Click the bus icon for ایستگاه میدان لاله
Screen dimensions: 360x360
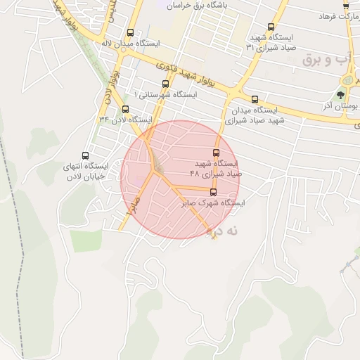tap(131, 32)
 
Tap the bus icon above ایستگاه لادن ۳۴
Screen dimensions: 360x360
tap(125, 109)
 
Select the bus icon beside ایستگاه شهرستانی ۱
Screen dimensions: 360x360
tap(165, 84)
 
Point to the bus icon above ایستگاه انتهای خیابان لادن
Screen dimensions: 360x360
tap(86, 155)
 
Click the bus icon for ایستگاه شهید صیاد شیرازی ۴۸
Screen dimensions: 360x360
tap(216, 153)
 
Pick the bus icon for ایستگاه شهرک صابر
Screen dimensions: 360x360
tap(214, 192)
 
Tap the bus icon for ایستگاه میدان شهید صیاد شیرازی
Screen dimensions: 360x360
tap(254, 99)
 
